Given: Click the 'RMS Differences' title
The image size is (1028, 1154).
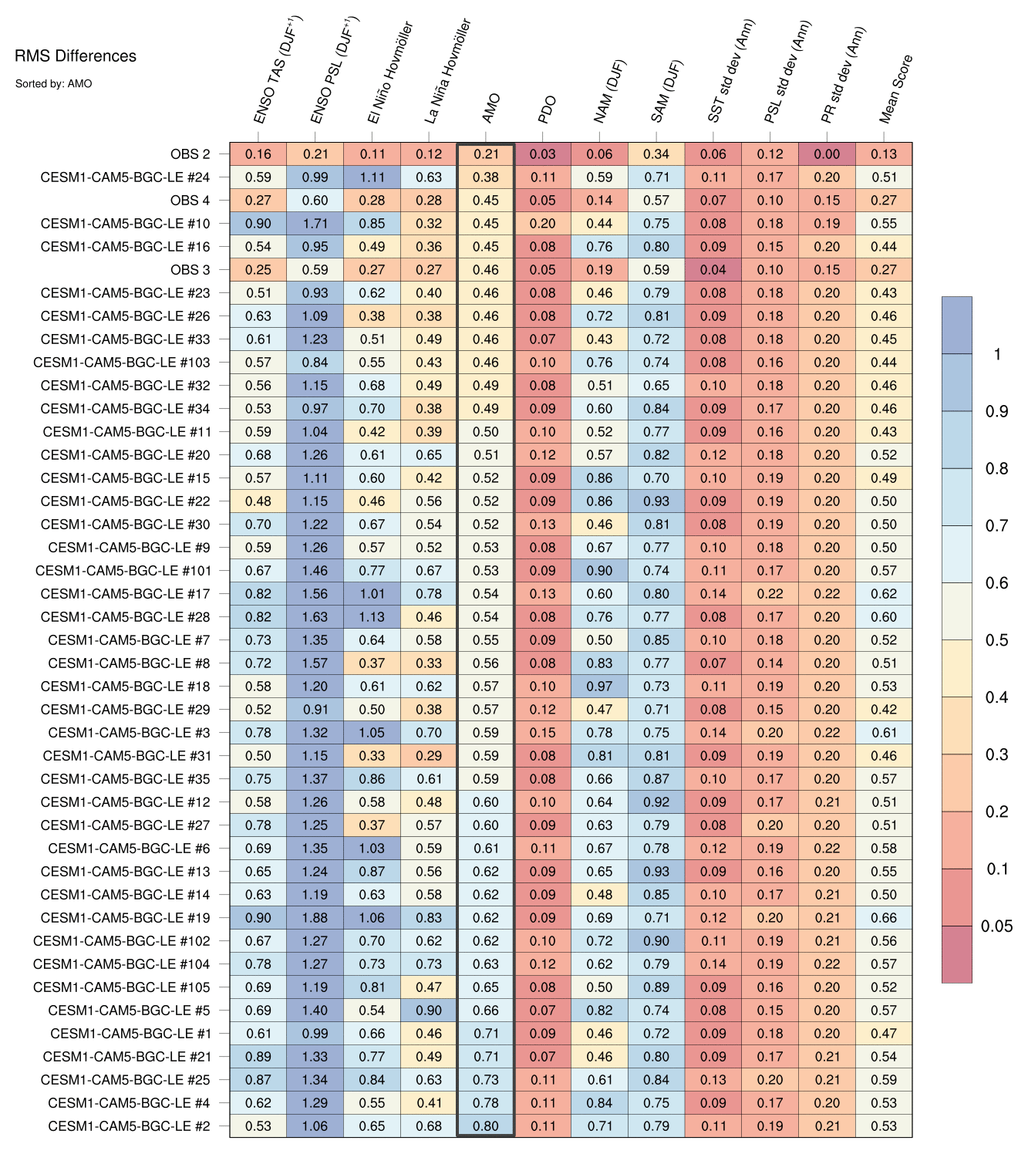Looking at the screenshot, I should (x=76, y=56).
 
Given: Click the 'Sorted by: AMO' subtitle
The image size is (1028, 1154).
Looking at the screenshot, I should (x=53, y=83).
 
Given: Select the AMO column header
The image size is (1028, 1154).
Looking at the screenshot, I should (x=491, y=109).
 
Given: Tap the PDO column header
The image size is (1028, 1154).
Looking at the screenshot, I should (x=547, y=110).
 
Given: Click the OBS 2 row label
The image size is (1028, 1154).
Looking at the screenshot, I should (x=190, y=154).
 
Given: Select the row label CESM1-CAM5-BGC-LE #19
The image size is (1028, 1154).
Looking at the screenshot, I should (x=125, y=918).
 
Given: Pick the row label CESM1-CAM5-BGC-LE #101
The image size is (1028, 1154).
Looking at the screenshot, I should (x=123, y=571).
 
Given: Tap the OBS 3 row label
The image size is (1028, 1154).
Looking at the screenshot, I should (x=190, y=270).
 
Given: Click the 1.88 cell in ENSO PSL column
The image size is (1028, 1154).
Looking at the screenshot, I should (x=315, y=918).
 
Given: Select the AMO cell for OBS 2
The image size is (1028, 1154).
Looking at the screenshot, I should (x=486, y=154).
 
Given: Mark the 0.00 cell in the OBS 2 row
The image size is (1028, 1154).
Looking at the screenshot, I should (x=827, y=154).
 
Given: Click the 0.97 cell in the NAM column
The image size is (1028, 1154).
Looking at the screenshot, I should (x=599, y=687).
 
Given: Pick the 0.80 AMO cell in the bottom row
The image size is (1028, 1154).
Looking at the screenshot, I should (x=486, y=1126).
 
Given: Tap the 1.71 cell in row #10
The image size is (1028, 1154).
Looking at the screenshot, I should (x=315, y=224).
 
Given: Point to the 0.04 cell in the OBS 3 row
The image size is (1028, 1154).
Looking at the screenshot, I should (x=713, y=270).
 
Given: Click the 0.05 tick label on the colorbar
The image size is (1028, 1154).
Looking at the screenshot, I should (x=996, y=926).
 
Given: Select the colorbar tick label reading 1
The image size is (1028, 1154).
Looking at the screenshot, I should (x=997, y=354).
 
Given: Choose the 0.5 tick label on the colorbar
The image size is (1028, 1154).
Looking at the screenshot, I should (x=996, y=640).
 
